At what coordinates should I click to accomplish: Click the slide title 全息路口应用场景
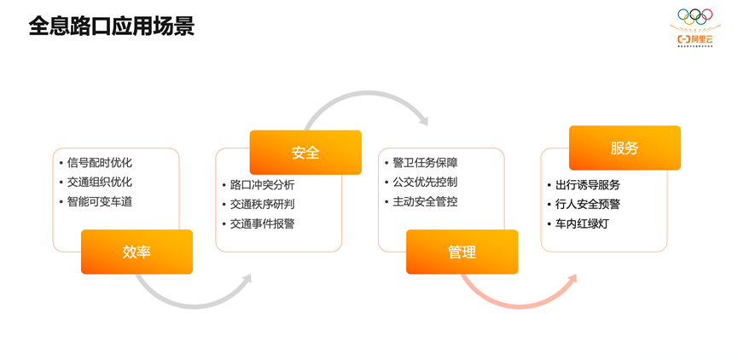[x=111, y=26]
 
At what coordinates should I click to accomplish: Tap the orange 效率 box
[x=137, y=252]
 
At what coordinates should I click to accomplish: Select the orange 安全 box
[x=305, y=153]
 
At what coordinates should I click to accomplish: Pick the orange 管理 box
[x=462, y=252]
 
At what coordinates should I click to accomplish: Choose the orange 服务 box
[x=624, y=148]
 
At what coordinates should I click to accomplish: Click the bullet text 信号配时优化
[x=100, y=163]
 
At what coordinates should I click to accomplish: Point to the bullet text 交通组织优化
[x=100, y=182]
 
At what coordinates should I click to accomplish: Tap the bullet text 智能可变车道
[x=100, y=201]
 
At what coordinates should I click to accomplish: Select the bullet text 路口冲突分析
[x=262, y=185]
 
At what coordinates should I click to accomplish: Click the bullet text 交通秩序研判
[x=262, y=205]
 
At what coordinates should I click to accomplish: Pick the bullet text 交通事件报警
[x=262, y=224]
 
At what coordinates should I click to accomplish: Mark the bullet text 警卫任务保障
[x=425, y=163]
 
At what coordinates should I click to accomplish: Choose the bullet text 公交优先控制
[x=425, y=182]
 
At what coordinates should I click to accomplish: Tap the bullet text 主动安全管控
[x=425, y=201]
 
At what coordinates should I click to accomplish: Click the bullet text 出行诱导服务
[x=588, y=185]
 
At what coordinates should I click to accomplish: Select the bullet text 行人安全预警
[x=588, y=205]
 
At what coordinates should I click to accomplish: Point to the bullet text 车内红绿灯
[x=582, y=224]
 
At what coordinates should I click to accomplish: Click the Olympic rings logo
[x=694, y=16]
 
